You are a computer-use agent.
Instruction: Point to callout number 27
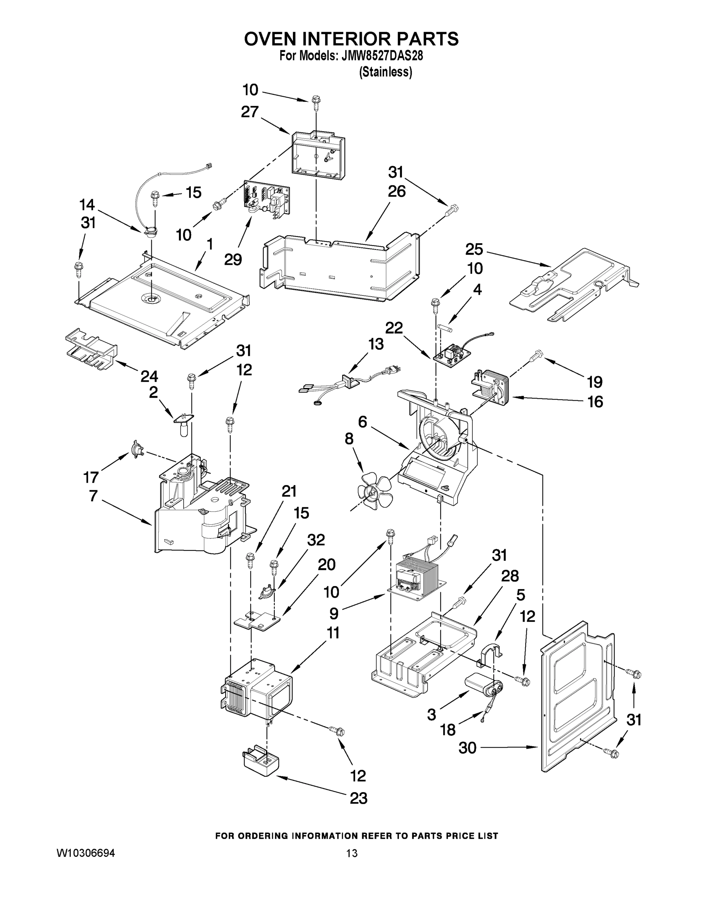coord(249,112)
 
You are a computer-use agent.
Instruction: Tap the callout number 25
coord(474,249)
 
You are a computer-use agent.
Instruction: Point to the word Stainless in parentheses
coord(386,72)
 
